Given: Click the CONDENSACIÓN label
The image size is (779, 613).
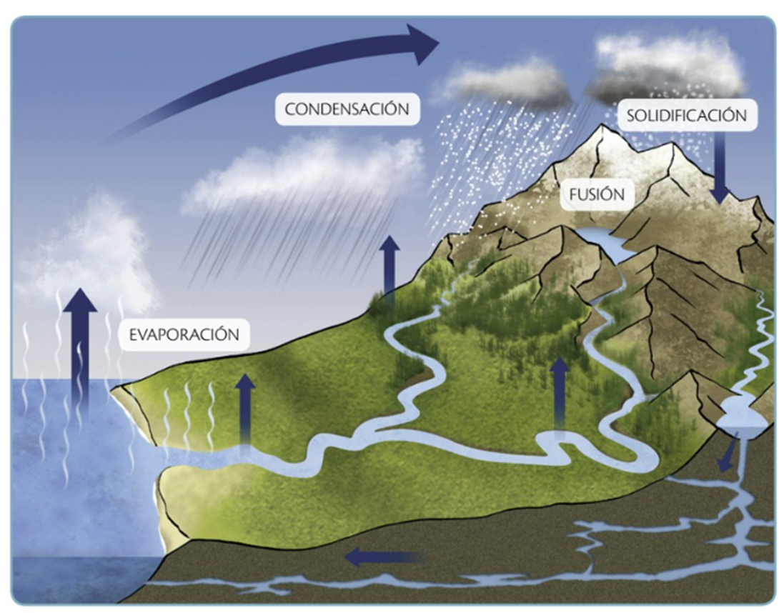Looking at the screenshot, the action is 347,109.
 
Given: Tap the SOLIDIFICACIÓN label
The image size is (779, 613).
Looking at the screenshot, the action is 687,115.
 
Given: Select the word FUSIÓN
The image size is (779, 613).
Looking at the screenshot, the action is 597,194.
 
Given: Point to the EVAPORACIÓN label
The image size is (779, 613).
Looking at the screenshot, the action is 184,334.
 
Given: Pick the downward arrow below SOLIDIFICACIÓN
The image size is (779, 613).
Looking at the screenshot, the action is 719,168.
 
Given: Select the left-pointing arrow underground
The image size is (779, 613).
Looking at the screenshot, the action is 385,557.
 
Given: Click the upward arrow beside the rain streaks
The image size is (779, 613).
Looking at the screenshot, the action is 389,268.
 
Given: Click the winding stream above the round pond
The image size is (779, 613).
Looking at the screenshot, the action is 759,343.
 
